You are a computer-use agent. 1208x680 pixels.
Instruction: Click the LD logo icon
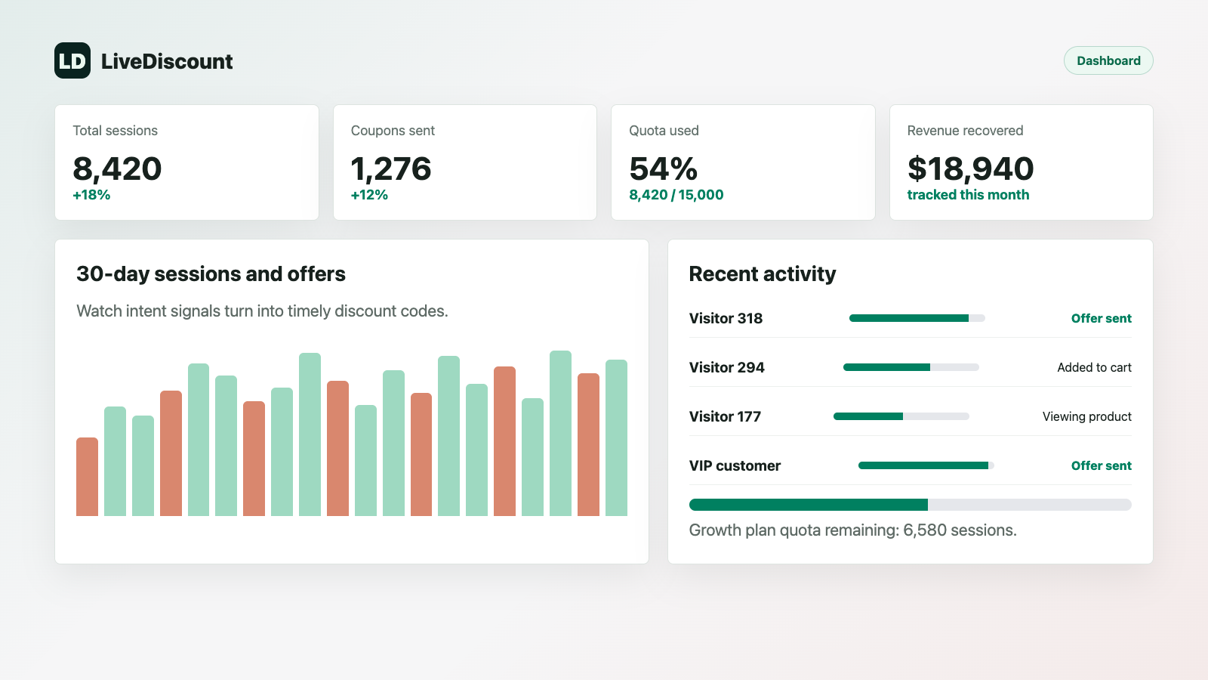point(72,60)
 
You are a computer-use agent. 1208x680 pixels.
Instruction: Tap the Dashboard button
point(1108,60)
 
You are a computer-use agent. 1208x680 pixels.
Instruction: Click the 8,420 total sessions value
point(117,169)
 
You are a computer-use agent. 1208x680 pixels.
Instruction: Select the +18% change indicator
point(91,195)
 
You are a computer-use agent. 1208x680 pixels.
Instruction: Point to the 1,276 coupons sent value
point(391,169)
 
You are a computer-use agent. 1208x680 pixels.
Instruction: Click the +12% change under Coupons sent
point(369,195)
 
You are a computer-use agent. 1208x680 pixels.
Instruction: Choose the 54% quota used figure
point(664,169)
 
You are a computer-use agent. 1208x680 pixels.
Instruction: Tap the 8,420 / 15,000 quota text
point(676,195)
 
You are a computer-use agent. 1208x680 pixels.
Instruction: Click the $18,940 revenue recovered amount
point(971,169)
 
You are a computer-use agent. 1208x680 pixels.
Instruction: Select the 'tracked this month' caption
point(968,195)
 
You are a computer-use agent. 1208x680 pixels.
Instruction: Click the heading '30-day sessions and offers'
point(211,274)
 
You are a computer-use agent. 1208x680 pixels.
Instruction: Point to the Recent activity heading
point(763,274)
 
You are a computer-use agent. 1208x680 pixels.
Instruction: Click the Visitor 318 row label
point(726,318)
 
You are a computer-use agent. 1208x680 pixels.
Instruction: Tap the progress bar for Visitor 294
point(911,367)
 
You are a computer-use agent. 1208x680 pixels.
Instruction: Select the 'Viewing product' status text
point(1086,416)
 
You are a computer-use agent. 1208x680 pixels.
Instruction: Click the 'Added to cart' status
point(1094,367)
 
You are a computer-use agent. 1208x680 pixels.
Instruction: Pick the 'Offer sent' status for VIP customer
point(1102,465)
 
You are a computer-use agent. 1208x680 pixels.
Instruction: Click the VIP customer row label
point(735,465)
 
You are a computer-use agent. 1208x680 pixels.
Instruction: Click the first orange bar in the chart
point(88,477)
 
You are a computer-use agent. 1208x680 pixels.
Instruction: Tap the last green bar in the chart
point(616,437)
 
